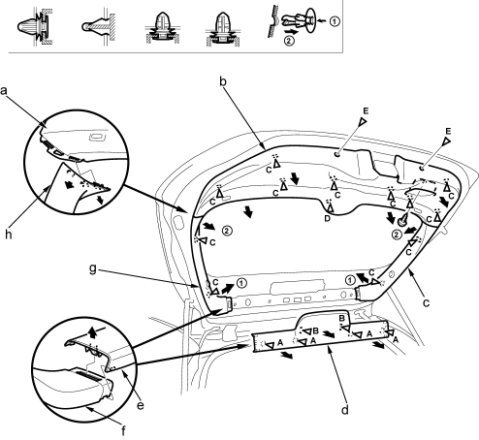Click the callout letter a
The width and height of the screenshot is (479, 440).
(x=4, y=91)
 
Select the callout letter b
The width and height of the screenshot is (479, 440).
(x=223, y=81)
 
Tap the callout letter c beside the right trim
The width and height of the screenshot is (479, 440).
(x=427, y=303)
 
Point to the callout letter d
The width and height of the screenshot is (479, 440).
(x=345, y=410)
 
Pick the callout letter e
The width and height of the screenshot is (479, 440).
(x=141, y=405)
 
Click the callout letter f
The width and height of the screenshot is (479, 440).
(x=123, y=431)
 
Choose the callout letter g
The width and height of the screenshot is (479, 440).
(x=93, y=268)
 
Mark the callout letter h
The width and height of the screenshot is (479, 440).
(x=9, y=235)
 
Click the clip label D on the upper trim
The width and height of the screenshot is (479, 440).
(x=328, y=218)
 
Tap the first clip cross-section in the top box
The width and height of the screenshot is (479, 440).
(x=34, y=26)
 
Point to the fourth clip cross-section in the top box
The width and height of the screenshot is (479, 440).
(x=222, y=29)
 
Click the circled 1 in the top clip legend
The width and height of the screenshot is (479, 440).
(x=335, y=21)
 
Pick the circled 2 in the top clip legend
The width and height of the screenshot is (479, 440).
(x=289, y=41)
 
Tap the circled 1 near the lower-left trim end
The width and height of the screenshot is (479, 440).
(x=241, y=283)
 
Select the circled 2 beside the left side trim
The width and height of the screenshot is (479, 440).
(x=227, y=231)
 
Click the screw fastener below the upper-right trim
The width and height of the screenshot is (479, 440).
(x=402, y=221)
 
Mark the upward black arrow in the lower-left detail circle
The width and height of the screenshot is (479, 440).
(x=93, y=331)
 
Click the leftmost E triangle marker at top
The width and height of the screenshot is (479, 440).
(x=363, y=121)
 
